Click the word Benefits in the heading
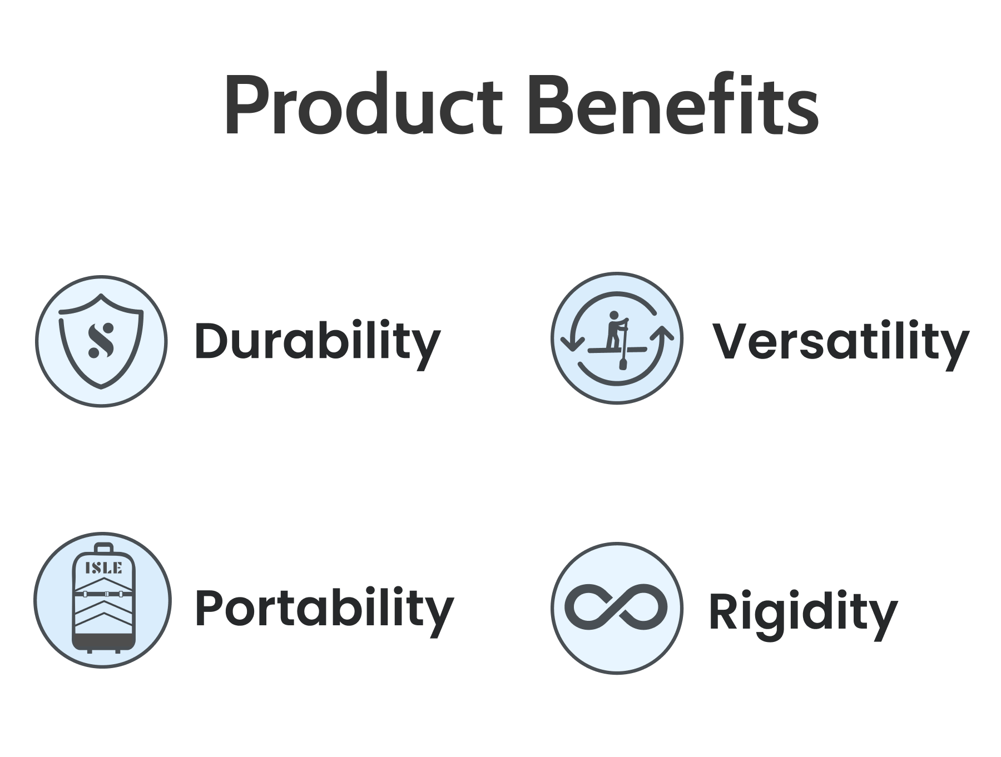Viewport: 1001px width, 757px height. (672, 103)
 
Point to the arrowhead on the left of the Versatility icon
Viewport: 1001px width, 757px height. (572, 343)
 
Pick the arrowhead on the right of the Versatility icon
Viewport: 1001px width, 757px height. (662, 333)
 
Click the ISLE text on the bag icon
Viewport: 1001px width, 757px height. (103, 567)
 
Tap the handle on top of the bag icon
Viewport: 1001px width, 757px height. (103, 548)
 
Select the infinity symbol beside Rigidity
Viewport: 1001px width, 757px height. (616, 607)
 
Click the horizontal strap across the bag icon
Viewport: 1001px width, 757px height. (103, 594)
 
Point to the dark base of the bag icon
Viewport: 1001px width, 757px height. (103, 644)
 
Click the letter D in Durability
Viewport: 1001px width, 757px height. (211, 341)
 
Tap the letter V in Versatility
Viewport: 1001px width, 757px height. (731, 341)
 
